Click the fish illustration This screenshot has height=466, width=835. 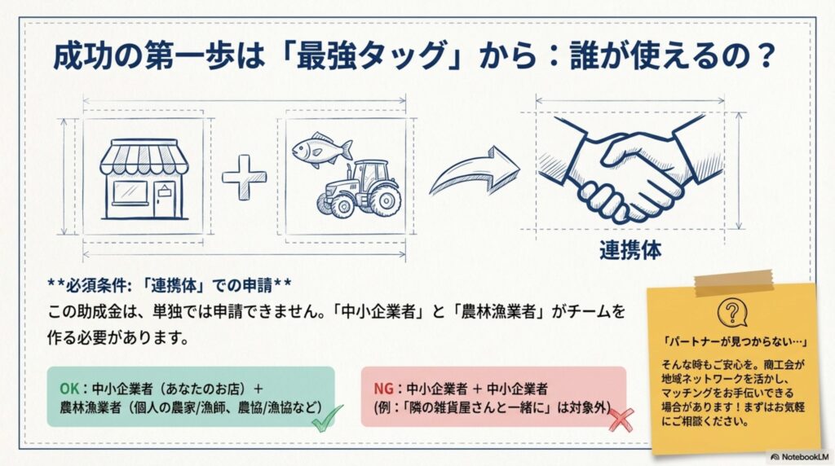(x=321, y=149)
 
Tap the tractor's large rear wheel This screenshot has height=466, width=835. (x=385, y=200)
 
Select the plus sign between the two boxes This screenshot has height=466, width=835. (x=244, y=178)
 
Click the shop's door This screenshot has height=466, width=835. (x=165, y=200)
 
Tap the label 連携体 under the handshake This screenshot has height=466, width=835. (x=630, y=250)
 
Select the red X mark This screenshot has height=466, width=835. (x=621, y=420)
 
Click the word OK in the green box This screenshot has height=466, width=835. (x=69, y=389)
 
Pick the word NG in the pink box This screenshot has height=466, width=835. (x=383, y=389)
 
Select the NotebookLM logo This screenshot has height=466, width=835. (x=800, y=457)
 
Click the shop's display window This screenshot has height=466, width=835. (x=130, y=192)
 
